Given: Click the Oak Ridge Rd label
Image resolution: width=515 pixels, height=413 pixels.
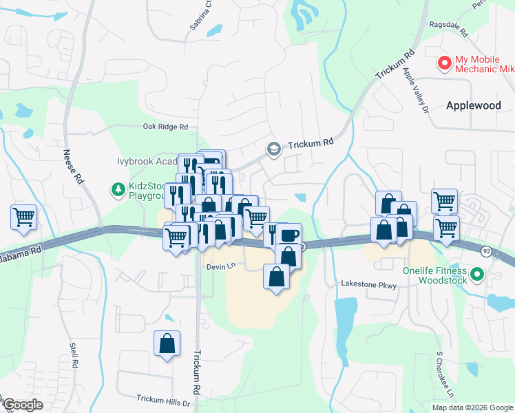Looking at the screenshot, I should pos(165,127).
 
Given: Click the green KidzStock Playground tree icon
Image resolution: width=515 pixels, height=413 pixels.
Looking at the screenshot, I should pos(118,188).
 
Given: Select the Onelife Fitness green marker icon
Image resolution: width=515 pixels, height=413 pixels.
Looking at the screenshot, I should pos(475,275).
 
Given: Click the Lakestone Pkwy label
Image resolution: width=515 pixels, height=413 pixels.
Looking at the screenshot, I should pos(369,284).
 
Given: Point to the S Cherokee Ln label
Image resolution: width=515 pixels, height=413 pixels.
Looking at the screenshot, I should pos(444,375).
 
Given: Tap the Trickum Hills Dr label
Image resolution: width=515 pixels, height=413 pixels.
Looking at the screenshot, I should pos(162,399).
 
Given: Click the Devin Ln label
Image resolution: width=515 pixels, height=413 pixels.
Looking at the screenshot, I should pos(220,265).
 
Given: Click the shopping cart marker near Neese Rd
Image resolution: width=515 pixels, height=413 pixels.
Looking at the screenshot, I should pos(23,218).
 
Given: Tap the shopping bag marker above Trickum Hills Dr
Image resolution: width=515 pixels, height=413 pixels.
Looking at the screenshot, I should pos(167,343).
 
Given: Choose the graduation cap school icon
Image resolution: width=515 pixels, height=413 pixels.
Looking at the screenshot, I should pos(273,149).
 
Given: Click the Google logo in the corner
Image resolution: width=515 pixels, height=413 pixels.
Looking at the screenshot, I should pos(22,405).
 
